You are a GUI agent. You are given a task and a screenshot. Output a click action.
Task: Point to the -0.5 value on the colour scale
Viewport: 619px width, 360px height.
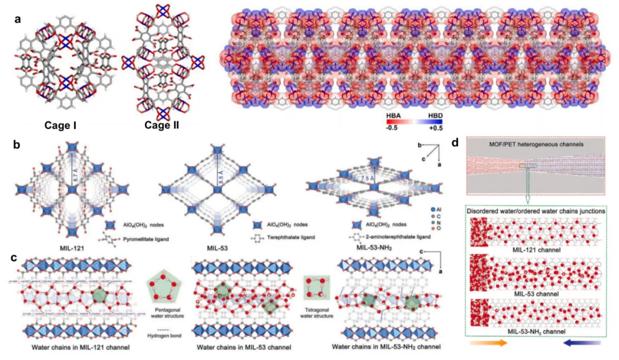tap(394, 128)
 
